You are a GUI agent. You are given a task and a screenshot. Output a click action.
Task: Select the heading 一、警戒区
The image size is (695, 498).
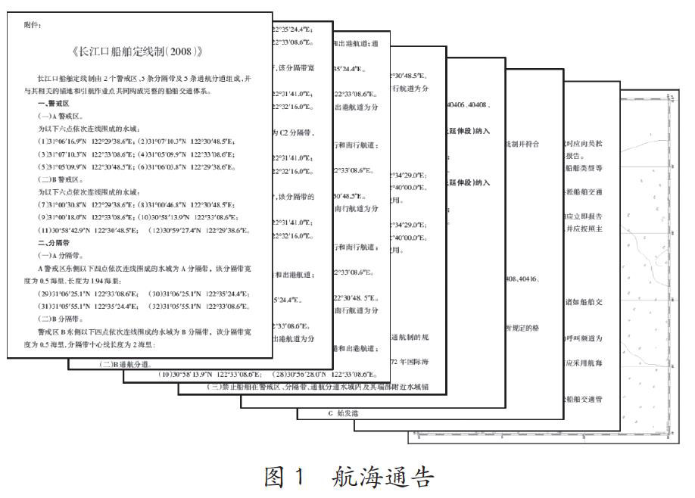click(56, 102)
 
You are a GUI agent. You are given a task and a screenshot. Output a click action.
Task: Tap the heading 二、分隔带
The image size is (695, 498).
click(56, 243)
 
